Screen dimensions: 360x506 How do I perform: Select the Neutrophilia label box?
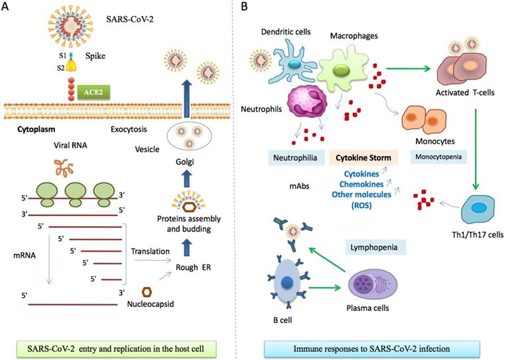[296, 158]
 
